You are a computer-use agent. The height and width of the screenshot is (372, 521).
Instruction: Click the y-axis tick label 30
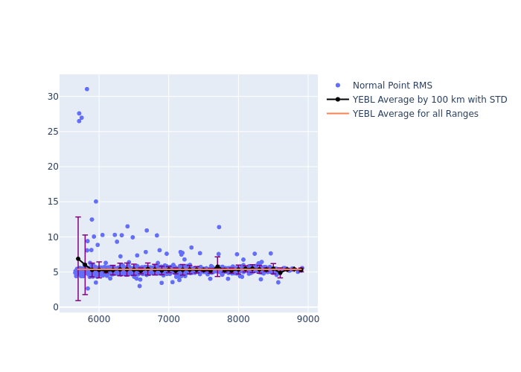tap(52, 96)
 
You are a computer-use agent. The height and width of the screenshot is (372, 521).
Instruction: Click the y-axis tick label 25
tap(52, 131)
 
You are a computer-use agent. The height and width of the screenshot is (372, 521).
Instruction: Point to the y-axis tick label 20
tap(52, 167)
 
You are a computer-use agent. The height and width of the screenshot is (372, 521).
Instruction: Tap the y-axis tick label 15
tap(52, 202)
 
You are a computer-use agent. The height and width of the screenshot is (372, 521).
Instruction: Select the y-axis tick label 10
tap(52, 237)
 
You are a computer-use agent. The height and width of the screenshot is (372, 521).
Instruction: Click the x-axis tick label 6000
tap(99, 320)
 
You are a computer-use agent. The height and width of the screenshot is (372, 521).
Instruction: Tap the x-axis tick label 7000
tap(169, 320)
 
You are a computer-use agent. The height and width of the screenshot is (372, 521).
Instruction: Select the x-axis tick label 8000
tap(238, 320)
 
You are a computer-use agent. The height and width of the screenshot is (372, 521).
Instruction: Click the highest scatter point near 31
tap(87, 89)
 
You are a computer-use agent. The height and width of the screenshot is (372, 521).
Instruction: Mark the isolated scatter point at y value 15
tap(96, 202)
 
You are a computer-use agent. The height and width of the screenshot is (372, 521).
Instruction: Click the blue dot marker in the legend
tap(338, 86)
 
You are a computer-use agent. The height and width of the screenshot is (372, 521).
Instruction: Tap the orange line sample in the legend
tap(338, 114)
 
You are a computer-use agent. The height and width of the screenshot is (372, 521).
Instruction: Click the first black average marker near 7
tap(78, 259)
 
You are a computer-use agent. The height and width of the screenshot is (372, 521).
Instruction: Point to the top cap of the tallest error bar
tap(78, 217)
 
